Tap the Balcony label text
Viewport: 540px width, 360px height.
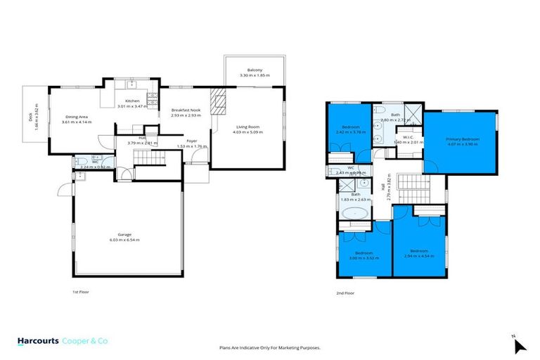(255, 70)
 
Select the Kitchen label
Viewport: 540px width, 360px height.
(133, 101)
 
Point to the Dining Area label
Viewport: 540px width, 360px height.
(76, 117)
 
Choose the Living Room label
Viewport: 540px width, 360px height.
(247, 126)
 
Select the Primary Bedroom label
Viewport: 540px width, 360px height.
(462, 139)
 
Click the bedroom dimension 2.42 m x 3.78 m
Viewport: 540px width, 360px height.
(349, 131)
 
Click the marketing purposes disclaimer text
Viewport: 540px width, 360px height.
(270, 347)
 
